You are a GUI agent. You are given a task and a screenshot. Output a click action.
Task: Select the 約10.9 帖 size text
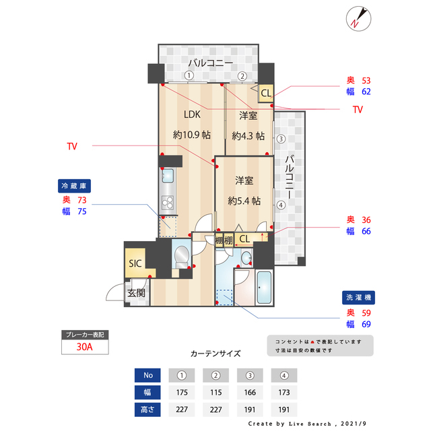click(x=192, y=135)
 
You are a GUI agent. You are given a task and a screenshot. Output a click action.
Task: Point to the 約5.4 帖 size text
click(x=244, y=201)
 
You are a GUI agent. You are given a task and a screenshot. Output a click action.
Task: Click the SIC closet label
click(x=135, y=263)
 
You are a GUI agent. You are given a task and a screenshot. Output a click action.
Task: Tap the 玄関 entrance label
click(x=137, y=293)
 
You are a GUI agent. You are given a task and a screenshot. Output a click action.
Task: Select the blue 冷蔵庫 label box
click(x=75, y=185)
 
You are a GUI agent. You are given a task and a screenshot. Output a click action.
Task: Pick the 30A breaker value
click(x=84, y=347)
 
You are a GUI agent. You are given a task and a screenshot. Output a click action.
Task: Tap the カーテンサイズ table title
click(x=215, y=353)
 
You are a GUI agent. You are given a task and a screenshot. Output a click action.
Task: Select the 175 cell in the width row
click(x=181, y=392)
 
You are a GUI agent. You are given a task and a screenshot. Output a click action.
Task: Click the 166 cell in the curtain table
click(x=251, y=392)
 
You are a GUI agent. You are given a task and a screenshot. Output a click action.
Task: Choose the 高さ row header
click(x=147, y=409)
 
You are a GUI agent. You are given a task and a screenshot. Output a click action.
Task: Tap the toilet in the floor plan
click(x=180, y=256)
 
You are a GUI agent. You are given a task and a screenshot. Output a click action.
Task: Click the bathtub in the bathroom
click(x=263, y=289)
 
